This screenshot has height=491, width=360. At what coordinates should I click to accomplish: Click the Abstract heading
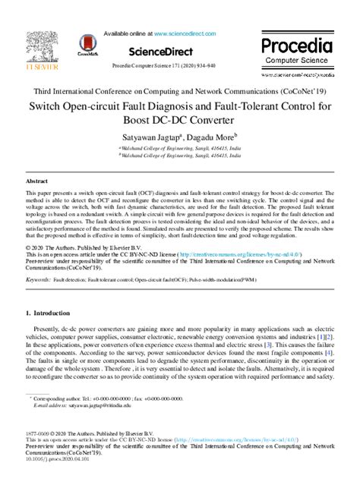[37, 182]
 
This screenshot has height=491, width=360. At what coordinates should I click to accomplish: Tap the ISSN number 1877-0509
[41, 433]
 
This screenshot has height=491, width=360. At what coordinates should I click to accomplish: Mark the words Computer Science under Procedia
[297, 61]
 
